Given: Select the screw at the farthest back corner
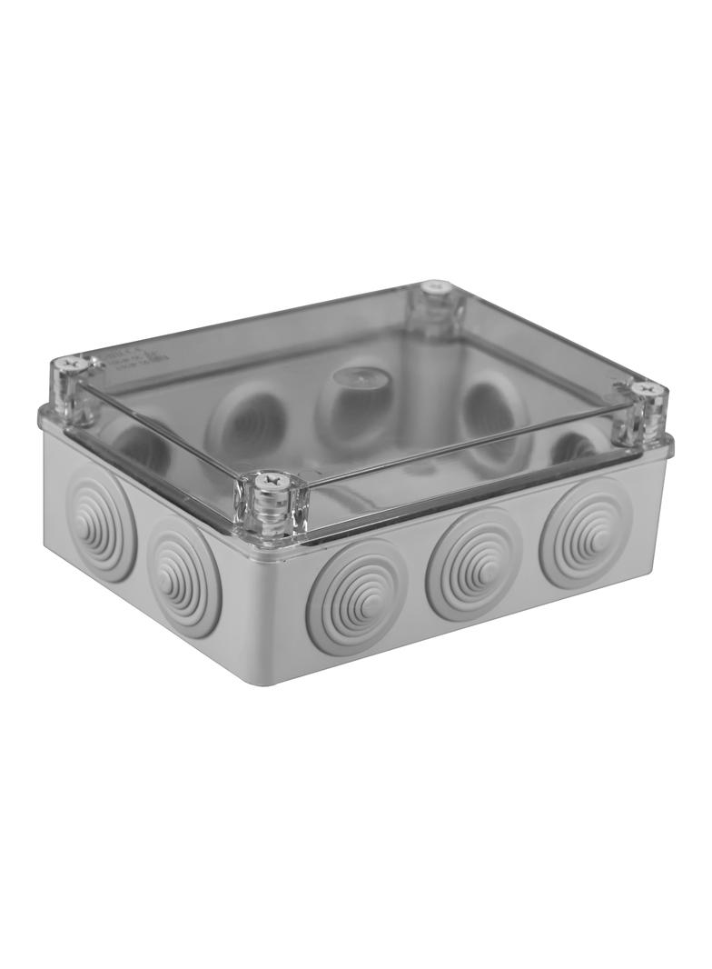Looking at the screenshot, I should point(437,287).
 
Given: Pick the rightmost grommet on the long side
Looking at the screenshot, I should point(585,532).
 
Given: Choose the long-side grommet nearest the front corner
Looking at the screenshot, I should point(356,595).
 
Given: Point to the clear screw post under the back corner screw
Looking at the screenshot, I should point(438,314).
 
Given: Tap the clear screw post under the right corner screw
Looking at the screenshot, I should point(647,418).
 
